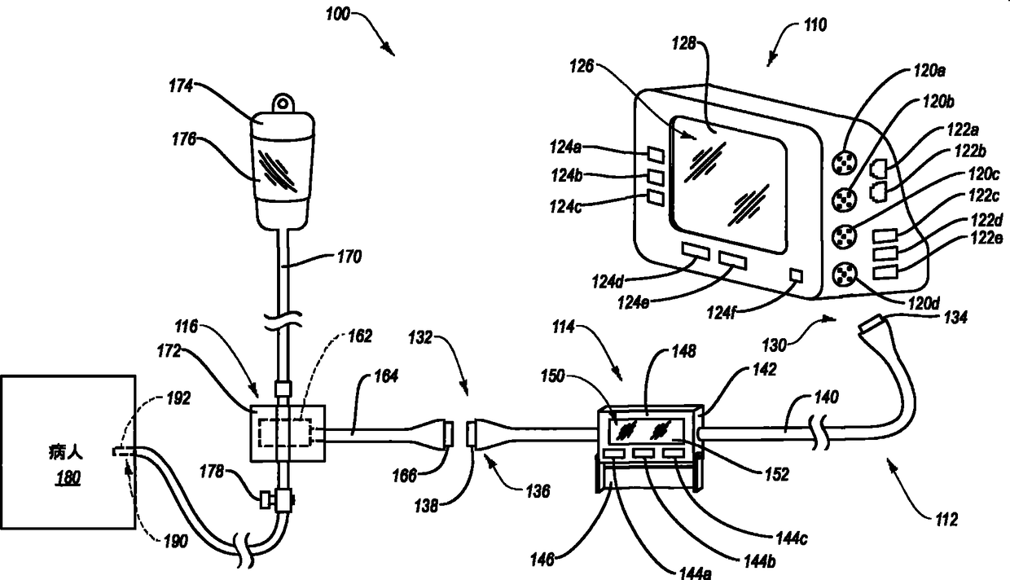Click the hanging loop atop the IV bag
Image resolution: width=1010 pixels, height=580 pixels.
coord(283,102)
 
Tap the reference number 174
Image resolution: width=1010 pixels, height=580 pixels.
coord(181,86)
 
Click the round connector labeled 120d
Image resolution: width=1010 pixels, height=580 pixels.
coord(842,275)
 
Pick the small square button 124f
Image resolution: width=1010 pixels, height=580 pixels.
coord(797,275)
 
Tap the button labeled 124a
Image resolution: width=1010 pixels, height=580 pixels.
coord(656,155)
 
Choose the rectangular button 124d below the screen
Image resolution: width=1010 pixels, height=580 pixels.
coord(696,251)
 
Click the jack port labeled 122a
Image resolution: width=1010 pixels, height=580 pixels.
coord(878,168)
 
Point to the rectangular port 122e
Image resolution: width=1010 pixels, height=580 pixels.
coord(885,273)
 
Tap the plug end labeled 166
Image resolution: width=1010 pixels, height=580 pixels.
coord(448,434)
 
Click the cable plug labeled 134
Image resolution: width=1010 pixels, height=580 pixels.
coord(872,324)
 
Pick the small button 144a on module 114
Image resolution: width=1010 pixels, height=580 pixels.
coord(614,453)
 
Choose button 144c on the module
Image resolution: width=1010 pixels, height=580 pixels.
coord(672,453)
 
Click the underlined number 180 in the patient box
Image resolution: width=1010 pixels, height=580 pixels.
coord(68,477)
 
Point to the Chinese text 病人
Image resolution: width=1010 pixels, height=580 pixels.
coord(66,452)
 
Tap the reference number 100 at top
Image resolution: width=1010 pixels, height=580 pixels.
coord(338,14)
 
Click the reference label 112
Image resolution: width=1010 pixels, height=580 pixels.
coord(946,520)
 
